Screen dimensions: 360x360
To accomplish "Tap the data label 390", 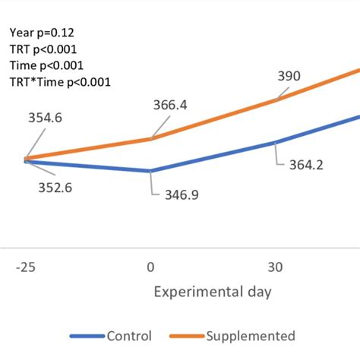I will tap(289, 76).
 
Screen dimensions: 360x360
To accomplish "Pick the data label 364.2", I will tap(305, 164).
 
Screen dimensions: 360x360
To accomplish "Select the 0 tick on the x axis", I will tap(150, 267).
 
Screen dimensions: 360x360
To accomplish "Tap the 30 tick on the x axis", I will tap(276, 267).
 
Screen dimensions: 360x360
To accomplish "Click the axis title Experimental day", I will tap(213, 291).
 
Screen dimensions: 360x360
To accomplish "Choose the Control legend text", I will tap(130, 336).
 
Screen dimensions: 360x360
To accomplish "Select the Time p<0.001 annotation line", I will tap(46, 65).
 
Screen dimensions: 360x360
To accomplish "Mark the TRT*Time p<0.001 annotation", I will tap(60, 82).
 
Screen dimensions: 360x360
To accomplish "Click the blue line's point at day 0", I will tap(150, 171).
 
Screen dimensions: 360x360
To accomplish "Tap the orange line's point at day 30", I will tap(276, 99).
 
